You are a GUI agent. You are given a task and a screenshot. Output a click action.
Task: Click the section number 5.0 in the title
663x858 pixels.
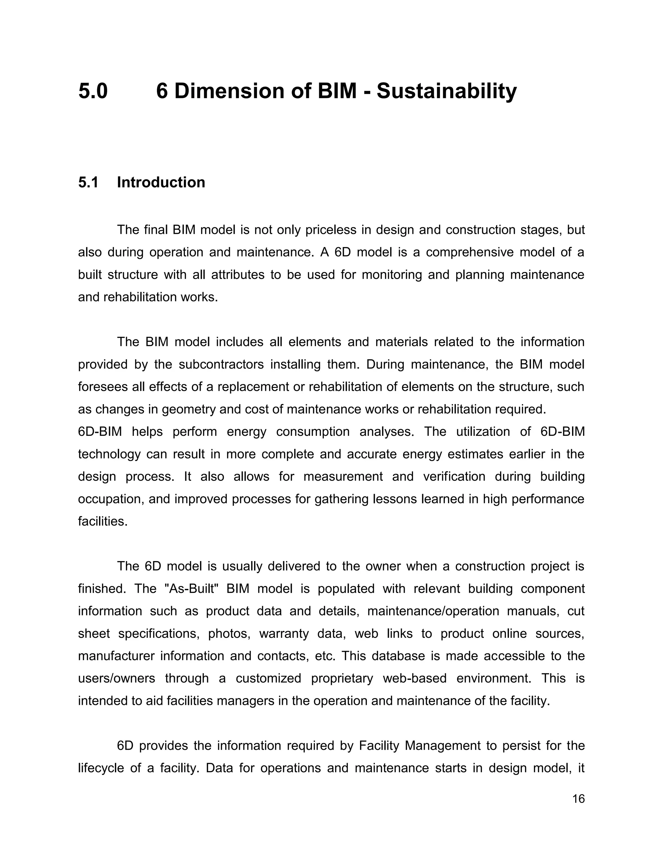pyautogui.click(x=93, y=91)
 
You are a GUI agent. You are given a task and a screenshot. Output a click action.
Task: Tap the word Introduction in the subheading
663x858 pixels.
pyautogui.click(x=161, y=182)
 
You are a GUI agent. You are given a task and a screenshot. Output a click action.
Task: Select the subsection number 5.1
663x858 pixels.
pyautogui.click(x=88, y=182)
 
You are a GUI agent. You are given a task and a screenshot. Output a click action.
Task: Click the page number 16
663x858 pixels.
pyautogui.click(x=579, y=799)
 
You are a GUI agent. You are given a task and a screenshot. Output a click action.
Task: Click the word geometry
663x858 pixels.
pyautogui.click(x=188, y=409)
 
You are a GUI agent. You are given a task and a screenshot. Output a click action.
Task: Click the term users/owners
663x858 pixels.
pyautogui.click(x=117, y=678)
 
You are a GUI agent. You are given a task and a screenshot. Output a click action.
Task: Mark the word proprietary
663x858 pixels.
pyautogui.click(x=342, y=678)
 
